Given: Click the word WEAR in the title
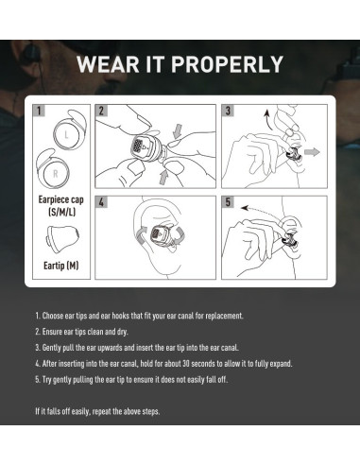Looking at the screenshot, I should click(x=108, y=64).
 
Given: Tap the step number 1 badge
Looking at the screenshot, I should click(x=39, y=111).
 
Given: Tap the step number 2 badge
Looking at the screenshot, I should click(x=100, y=111).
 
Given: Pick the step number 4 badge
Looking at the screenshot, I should click(x=100, y=201).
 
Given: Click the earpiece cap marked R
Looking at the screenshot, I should click(x=56, y=175).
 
